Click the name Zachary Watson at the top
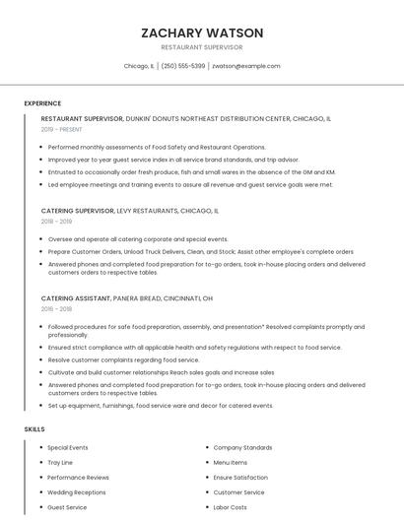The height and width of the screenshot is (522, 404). click(202, 33)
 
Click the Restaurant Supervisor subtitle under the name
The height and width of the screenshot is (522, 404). click(202, 47)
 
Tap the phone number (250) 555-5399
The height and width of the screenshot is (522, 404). click(183, 66)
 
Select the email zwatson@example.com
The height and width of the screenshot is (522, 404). click(246, 66)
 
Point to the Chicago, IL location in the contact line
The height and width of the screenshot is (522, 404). click(139, 66)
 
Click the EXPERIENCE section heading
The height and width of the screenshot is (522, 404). click(42, 103)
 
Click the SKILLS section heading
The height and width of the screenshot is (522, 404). click(34, 429)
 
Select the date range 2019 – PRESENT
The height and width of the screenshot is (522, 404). click(62, 129)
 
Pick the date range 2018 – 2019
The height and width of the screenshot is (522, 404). click(56, 222)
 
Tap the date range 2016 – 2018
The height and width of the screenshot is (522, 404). click(56, 309)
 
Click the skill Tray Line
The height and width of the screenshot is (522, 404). click(60, 463)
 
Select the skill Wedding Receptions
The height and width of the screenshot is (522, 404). click(76, 492)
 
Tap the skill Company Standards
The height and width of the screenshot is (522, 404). click(242, 448)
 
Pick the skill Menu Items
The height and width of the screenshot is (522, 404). click(231, 463)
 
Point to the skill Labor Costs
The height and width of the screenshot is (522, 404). click(231, 507)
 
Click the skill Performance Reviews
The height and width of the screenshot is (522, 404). click(78, 478)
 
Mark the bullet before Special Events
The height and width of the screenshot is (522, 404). click(40, 448)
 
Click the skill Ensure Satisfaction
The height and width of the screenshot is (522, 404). click(240, 478)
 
